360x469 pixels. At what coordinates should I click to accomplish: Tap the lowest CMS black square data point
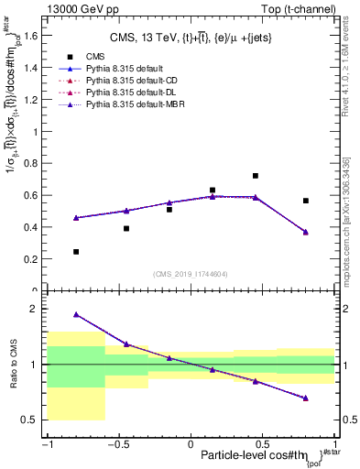pos(76,252)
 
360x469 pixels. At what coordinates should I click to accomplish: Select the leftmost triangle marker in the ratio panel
pos(76,314)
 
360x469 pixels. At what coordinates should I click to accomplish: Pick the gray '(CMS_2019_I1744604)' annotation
pos(191,274)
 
